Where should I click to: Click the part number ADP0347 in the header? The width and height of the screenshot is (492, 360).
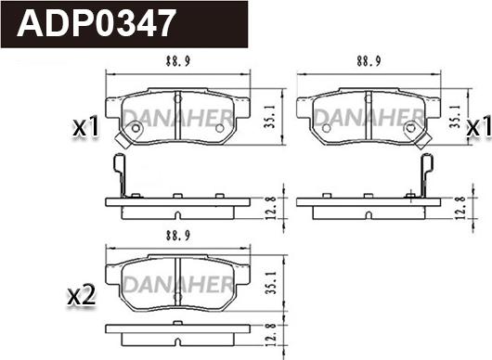click(96, 23)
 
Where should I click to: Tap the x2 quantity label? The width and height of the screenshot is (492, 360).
click(82, 296)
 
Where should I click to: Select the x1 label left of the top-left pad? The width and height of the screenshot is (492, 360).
click(86, 128)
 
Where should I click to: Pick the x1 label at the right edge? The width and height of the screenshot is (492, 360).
click(479, 128)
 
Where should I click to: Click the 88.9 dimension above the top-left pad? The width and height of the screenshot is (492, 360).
click(178, 61)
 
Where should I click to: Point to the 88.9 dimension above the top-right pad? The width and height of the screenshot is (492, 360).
click(369, 61)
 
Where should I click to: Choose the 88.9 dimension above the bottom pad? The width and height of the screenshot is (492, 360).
click(178, 236)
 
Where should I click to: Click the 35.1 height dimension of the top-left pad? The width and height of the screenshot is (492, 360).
click(270, 116)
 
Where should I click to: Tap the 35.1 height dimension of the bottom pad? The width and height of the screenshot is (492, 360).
click(271, 283)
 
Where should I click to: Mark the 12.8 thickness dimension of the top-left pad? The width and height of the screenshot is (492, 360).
click(271, 207)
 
